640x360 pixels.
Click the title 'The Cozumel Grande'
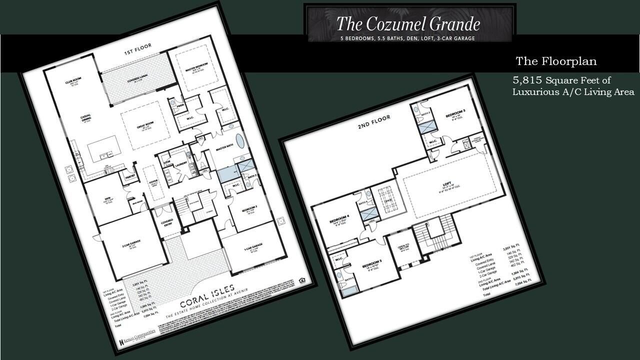tap(408, 23)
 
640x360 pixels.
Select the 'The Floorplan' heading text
tap(556, 61)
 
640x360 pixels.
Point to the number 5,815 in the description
tap(527, 80)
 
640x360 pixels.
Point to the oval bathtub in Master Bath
tap(240, 140)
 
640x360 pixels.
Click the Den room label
tap(106, 198)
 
